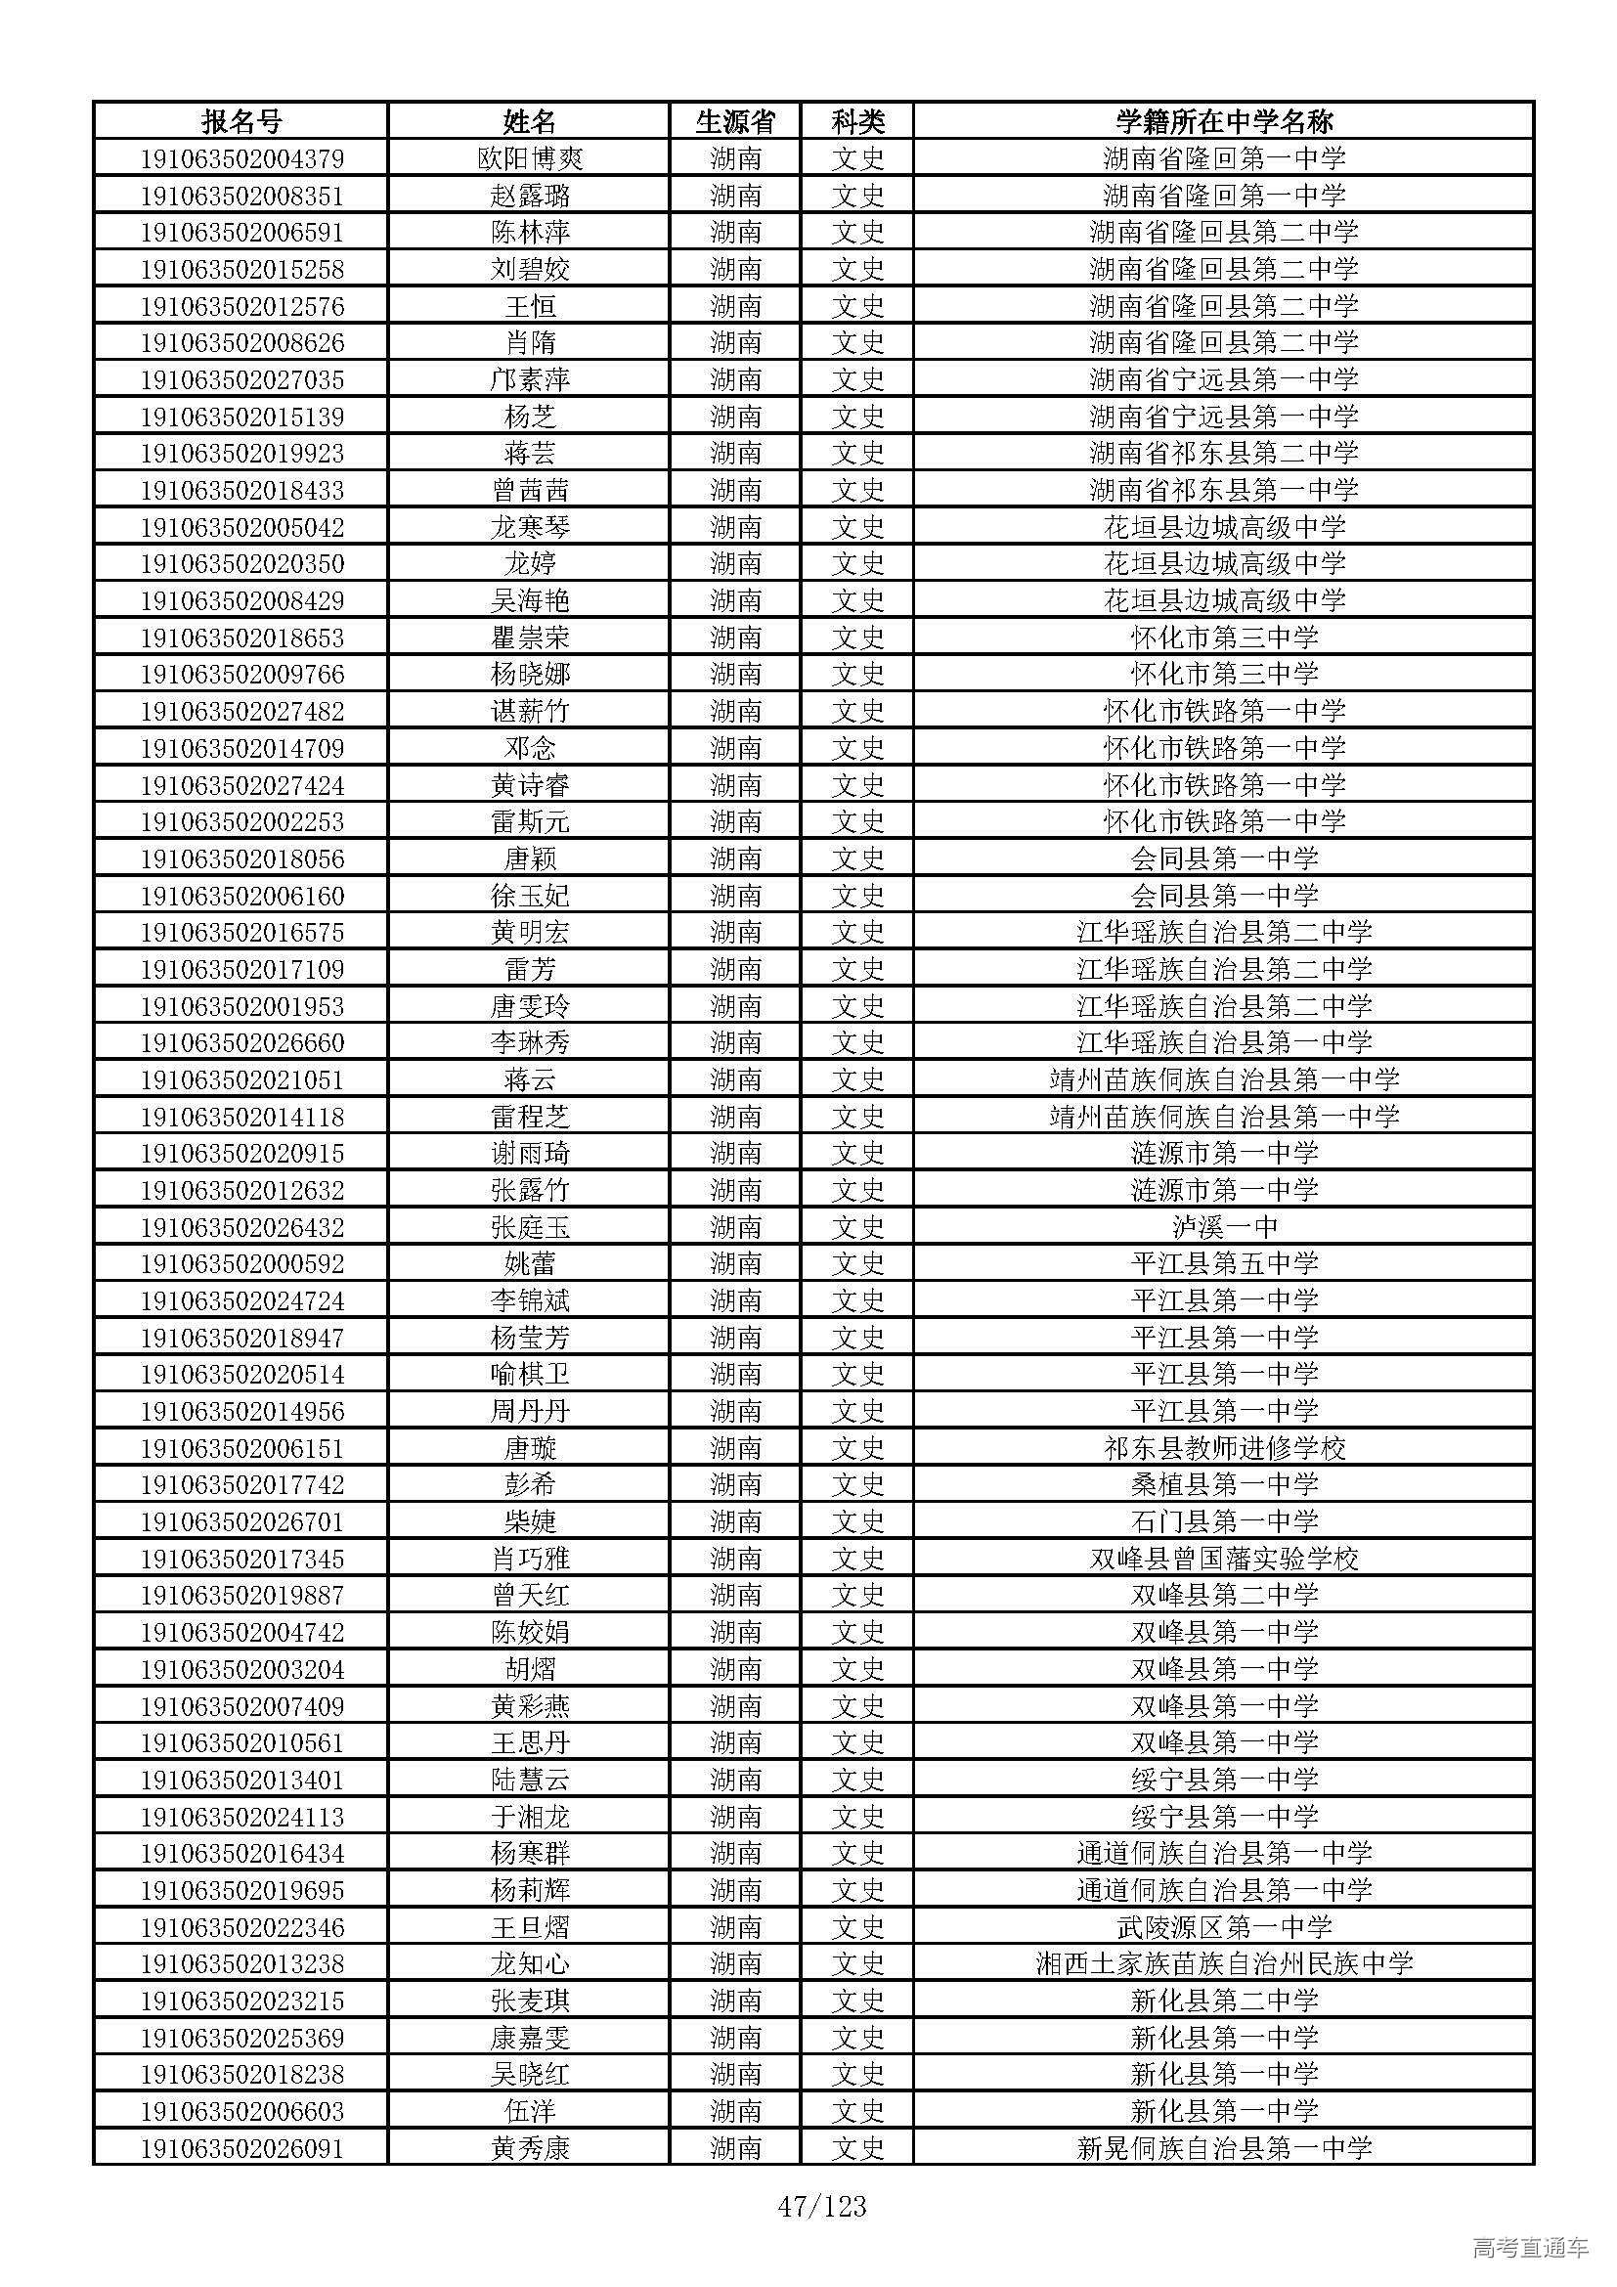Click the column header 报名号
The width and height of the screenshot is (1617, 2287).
point(240,121)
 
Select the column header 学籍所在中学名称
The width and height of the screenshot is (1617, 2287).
point(1224,121)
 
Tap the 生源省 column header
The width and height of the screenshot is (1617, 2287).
point(735,121)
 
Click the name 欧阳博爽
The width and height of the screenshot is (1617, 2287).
point(530,158)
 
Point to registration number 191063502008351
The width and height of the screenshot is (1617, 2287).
point(240,196)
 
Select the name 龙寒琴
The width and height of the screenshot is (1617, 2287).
point(530,527)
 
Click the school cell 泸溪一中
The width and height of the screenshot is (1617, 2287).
point(1224,1227)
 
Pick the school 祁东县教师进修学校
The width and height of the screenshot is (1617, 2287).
point(1224,1448)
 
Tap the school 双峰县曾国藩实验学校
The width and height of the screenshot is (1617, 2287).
point(1224,1559)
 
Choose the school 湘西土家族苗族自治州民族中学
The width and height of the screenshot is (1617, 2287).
point(1224,1964)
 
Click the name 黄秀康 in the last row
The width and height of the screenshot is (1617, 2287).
point(530,2148)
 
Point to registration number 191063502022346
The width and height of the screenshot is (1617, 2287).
point(240,1927)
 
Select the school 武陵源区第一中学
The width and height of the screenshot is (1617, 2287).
point(1224,1927)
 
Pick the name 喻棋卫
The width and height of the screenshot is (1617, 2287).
point(530,1375)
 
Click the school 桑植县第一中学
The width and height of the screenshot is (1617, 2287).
point(1224,1485)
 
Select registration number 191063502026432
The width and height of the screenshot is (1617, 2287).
point(240,1227)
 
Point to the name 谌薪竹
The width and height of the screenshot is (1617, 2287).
point(530,711)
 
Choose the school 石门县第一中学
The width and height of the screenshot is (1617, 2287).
point(1224,1522)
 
